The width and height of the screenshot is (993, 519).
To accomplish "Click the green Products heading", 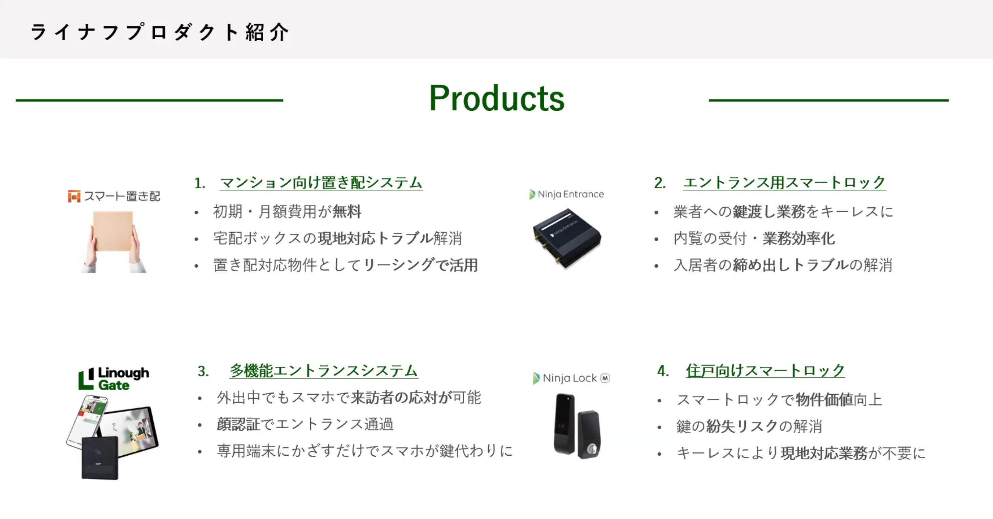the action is [x=496, y=98].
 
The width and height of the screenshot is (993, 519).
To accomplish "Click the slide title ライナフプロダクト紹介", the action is [x=160, y=32].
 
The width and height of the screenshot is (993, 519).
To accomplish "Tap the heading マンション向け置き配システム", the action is [x=321, y=182].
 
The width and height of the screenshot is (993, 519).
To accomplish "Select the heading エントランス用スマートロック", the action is [x=784, y=182].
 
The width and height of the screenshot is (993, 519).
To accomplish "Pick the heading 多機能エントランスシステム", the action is [x=324, y=371].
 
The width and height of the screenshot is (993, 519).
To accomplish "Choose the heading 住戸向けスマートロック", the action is [x=765, y=371].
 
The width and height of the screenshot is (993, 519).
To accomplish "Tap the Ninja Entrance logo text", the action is [x=571, y=194].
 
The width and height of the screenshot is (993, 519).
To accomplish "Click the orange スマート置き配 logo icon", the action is [x=74, y=196].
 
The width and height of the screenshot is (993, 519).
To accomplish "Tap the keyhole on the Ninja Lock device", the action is [x=591, y=449].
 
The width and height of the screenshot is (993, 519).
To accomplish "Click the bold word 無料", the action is [x=347, y=212].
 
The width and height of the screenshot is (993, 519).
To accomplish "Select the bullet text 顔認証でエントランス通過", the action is [x=305, y=424].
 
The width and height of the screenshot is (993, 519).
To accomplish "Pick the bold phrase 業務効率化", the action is [x=799, y=238].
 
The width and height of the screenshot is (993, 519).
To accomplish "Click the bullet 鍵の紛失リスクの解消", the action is [x=749, y=427].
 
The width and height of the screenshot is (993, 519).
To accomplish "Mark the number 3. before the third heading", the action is [x=203, y=371].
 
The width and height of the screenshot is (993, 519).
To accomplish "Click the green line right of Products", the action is [x=829, y=100].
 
